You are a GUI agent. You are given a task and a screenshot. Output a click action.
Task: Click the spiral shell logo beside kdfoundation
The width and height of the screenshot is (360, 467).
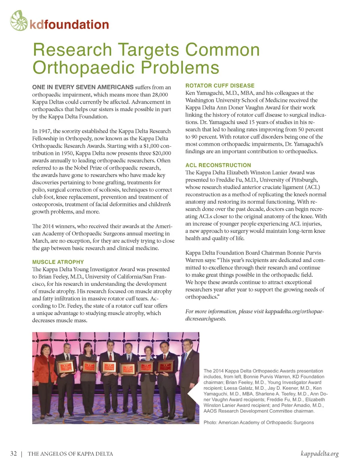19,21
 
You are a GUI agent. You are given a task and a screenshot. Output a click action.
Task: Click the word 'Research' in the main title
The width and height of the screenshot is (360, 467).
72,50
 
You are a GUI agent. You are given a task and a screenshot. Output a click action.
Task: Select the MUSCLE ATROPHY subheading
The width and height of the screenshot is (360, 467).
58,262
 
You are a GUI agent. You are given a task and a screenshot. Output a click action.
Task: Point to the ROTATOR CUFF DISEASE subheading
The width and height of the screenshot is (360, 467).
220,86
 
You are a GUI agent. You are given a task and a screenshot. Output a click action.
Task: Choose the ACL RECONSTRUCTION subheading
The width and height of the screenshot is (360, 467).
218,165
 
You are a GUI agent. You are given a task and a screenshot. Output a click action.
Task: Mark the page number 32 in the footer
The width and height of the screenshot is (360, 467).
13,453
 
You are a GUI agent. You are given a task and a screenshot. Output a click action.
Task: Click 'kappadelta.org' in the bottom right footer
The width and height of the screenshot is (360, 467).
319,453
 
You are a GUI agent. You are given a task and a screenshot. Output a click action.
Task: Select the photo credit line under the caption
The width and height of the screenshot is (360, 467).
258,422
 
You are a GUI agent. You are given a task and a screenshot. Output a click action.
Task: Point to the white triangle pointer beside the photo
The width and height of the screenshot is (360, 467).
193,394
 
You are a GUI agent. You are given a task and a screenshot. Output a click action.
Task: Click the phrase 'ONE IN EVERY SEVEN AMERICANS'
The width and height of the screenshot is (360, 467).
83,87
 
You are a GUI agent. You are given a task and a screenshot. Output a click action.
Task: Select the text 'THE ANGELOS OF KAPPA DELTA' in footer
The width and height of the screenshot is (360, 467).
70,454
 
